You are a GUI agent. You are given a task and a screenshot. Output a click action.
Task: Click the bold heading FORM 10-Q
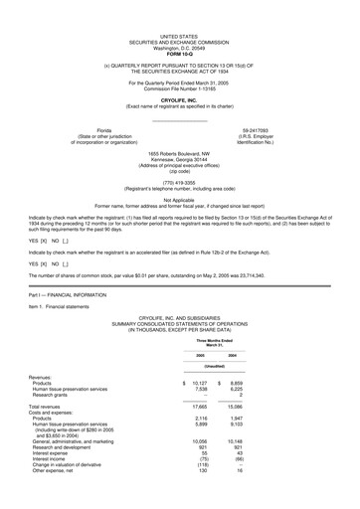(x=179, y=52)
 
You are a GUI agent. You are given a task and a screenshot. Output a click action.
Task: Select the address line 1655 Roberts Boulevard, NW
(x=179, y=153)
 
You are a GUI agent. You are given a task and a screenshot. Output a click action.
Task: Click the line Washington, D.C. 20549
(x=179, y=47)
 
